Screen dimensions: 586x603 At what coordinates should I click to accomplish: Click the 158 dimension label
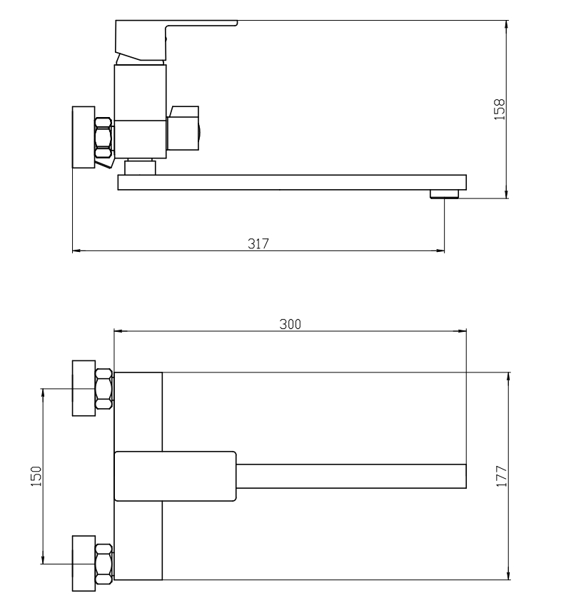point(499,110)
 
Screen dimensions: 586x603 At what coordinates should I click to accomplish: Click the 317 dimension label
point(258,243)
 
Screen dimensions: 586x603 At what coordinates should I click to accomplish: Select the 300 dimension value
point(290,324)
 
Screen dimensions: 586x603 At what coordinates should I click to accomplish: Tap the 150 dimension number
point(36,476)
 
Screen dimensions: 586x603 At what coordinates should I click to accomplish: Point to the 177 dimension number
point(502,476)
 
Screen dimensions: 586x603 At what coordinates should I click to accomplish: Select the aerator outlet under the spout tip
point(445,194)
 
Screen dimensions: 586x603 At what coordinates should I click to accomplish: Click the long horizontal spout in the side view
point(292,182)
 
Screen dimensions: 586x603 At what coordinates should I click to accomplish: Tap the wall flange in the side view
point(84,137)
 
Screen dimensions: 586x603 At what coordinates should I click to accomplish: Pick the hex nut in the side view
point(103,138)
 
